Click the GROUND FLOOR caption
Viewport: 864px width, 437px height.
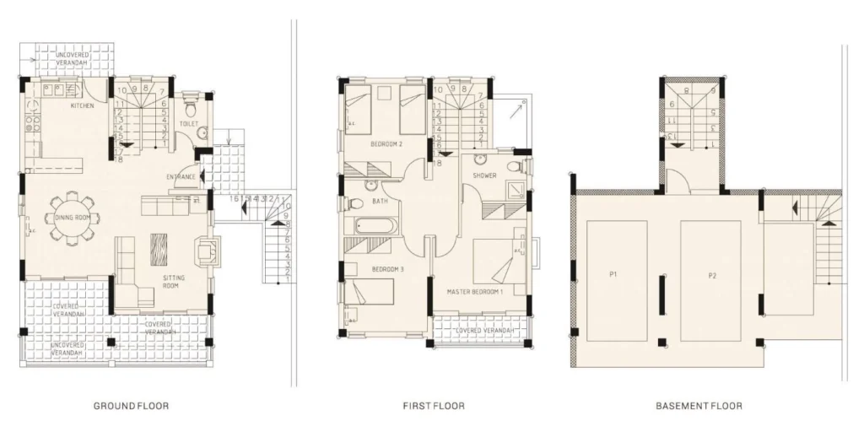coord(131,406)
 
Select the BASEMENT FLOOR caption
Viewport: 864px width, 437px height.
coord(699,406)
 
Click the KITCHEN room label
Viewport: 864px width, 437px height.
coord(82,106)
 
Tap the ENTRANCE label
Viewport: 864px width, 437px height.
coord(181,176)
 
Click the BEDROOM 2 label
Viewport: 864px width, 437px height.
coord(386,144)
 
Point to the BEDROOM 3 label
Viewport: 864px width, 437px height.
coord(388,269)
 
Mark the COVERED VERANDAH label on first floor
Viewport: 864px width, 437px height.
coord(483,330)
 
